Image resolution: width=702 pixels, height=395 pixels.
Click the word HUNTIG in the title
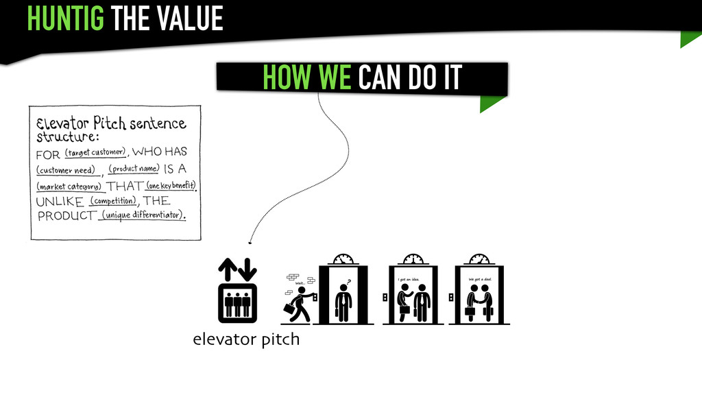click(x=66, y=18)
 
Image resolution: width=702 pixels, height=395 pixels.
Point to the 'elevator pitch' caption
click(x=246, y=339)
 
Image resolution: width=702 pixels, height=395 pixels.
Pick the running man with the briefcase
click(x=299, y=304)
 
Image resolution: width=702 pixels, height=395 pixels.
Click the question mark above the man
click(x=348, y=280)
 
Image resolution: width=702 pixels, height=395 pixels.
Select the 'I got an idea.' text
click(x=409, y=279)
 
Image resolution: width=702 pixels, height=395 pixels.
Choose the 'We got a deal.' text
click(x=479, y=279)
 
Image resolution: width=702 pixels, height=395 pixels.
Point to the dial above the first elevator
click(x=343, y=259)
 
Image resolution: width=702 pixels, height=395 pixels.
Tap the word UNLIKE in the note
click(x=59, y=202)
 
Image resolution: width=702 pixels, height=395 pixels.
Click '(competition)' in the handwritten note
click(x=114, y=201)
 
